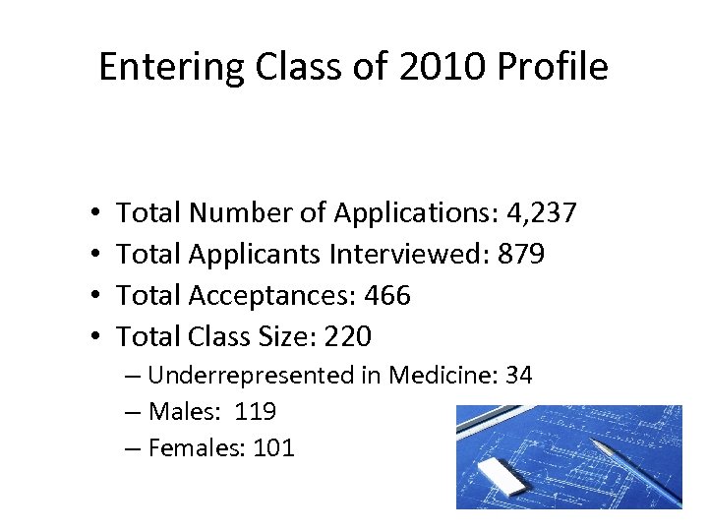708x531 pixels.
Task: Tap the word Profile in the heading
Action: click(x=553, y=67)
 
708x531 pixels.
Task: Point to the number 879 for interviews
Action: click(x=520, y=254)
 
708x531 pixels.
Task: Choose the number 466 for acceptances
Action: click(x=387, y=295)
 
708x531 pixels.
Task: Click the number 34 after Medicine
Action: click(x=517, y=375)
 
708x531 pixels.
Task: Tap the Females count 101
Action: click(x=273, y=448)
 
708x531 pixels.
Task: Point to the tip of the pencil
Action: click(x=595, y=443)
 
